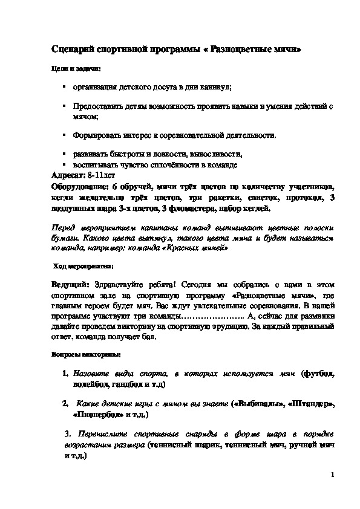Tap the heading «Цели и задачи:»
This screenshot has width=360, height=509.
pyautogui.click(x=75, y=70)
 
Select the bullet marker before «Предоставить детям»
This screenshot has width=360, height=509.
pyautogui.click(x=64, y=105)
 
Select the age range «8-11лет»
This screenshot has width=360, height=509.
pyautogui.click(x=100, y=174)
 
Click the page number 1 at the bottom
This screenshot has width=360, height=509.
pyautogui.click(x=333, y=475)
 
